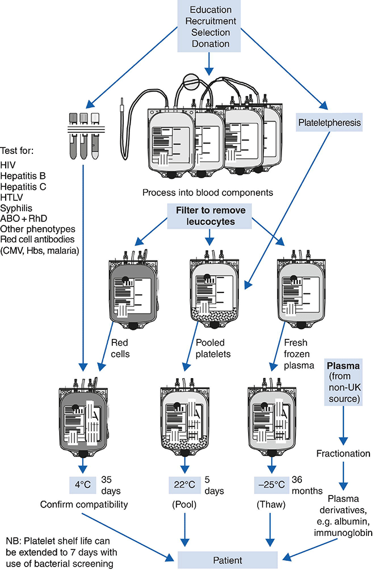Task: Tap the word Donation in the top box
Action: [211, 43]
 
